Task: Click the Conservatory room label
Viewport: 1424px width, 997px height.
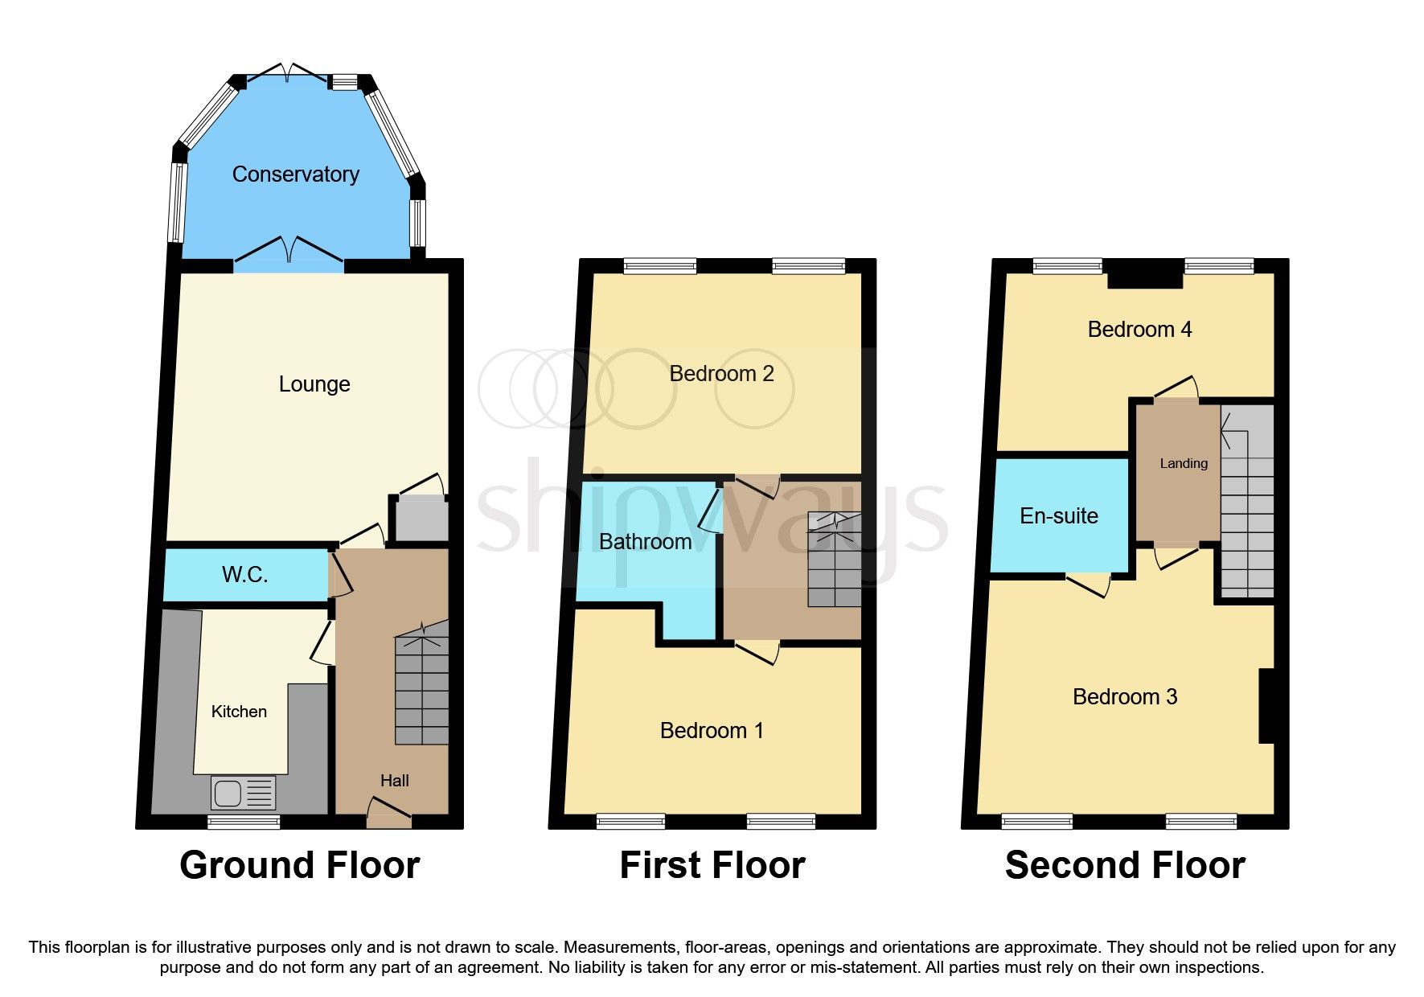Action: click(295, 174)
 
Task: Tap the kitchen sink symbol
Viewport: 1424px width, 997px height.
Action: click(243, 793)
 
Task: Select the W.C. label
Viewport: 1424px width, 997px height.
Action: click(244, 574)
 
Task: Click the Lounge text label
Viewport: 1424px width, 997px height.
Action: click(314, 384)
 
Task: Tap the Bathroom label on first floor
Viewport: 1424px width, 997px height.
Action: click(645, 542)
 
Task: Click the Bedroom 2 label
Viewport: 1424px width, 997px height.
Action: click(721, 374)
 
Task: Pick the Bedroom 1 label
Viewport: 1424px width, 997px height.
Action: click(712, 731)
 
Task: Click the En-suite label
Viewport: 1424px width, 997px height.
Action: click(1059, 516)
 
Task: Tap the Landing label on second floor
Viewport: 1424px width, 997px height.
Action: click(1183, 464)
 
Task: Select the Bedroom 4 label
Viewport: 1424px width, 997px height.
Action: click(1139, 330)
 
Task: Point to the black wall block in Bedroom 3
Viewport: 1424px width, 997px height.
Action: click(1266, 705)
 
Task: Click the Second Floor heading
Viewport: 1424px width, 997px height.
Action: click(1125, 866)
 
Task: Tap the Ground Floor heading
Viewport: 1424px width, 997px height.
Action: click(299, 866)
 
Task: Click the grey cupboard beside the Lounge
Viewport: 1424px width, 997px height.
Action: click(418, 519)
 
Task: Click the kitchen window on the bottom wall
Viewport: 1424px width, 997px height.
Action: click(244, 822)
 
